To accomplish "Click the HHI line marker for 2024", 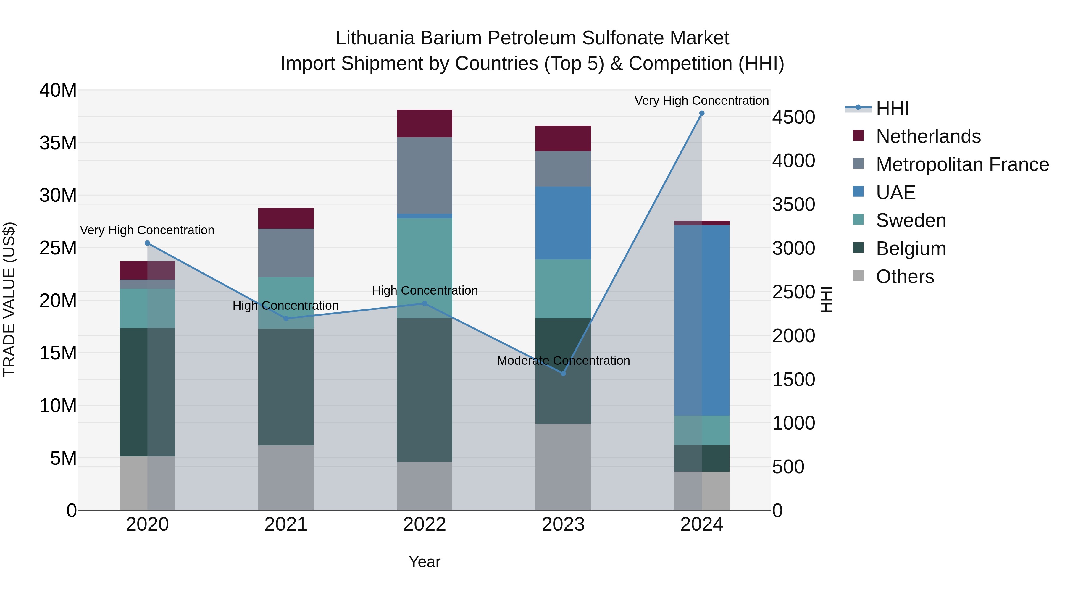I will [702, 113].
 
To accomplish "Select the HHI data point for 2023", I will [563, 373].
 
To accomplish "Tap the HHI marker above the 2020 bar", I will [147, 243].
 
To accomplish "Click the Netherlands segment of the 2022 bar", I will [425, 123].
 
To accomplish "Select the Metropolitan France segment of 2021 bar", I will [286, 253].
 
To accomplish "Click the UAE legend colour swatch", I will [858, 192].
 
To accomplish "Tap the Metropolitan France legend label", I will [962, 164].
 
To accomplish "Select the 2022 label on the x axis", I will [425, 524].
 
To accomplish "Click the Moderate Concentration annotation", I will [563, 361].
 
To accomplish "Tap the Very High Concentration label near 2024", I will [702, 101].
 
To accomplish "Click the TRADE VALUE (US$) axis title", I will [9, 299].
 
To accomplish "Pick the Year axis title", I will [425, 562].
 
